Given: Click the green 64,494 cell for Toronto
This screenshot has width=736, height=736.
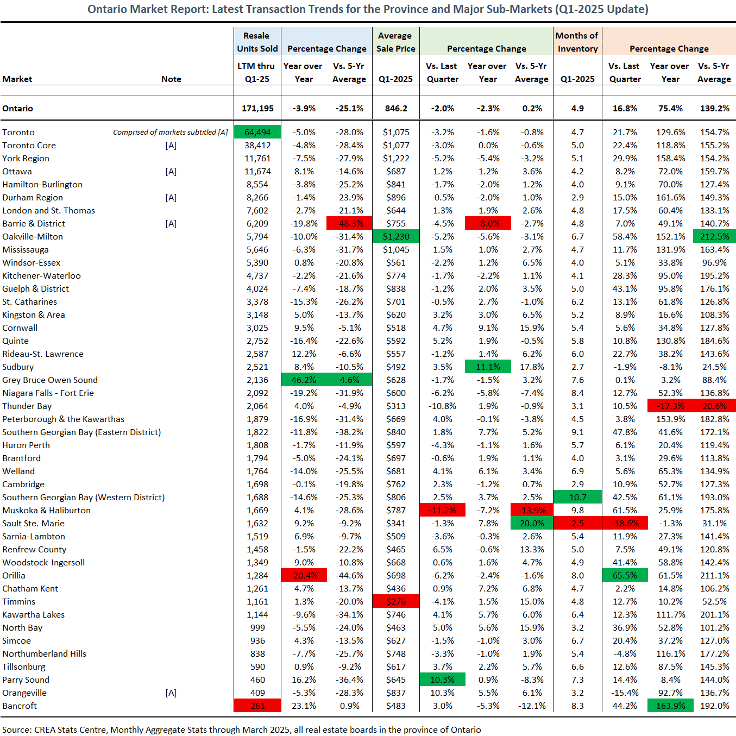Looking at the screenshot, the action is pyautogui.click(x=257, y=132).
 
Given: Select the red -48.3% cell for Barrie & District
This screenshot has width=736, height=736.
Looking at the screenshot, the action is pyautogui.click(x=349, y=223).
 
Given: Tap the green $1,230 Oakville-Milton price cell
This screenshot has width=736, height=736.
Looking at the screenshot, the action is pyautogui.click(x=395, y=236).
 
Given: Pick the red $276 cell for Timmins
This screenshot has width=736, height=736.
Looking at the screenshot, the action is pyautogui.click(x=395, y=601).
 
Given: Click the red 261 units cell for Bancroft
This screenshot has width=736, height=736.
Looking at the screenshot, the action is pyautogui.click(x=257, y=706).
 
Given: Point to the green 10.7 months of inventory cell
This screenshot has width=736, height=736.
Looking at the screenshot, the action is pyautogui.click(x=577, y=498).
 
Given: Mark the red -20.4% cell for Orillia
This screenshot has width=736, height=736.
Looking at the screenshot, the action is pyautogui.click(x=304, y=576).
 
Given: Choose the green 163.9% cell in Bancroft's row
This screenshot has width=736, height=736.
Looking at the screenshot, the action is pyautogui.click(x=670, y=706).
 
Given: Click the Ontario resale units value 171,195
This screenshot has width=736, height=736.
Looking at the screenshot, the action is pyautogui.click(x=257, y=109).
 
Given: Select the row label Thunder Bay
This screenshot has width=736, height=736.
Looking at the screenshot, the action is pyautogui.click(x=27, y=406).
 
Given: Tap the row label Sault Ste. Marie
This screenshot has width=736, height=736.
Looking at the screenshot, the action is pyautogui.click(x=33, y=523).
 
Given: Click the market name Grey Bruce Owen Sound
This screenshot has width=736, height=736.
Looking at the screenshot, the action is pyautogui.click(x=50, y=380).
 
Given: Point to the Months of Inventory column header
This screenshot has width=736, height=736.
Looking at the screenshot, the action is pyautogui.click(x=577, y=42).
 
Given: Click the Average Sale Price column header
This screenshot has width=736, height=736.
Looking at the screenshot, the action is pyautogui.click(x=395, y=42).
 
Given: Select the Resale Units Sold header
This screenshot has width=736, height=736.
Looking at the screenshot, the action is pyautogui.click(x=257, y=42).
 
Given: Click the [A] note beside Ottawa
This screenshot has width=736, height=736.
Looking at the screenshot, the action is pyautogui.click(x=171, y=172).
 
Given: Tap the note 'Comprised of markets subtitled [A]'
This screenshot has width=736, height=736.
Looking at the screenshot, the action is pyautogui.click(x=171, y=132).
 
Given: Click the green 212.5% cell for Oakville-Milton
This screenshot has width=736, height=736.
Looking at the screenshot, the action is pyautogui.click(x=715, y=236).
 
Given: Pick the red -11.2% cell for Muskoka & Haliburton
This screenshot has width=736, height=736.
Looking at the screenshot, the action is pyautogui.click(x=442, y=510).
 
